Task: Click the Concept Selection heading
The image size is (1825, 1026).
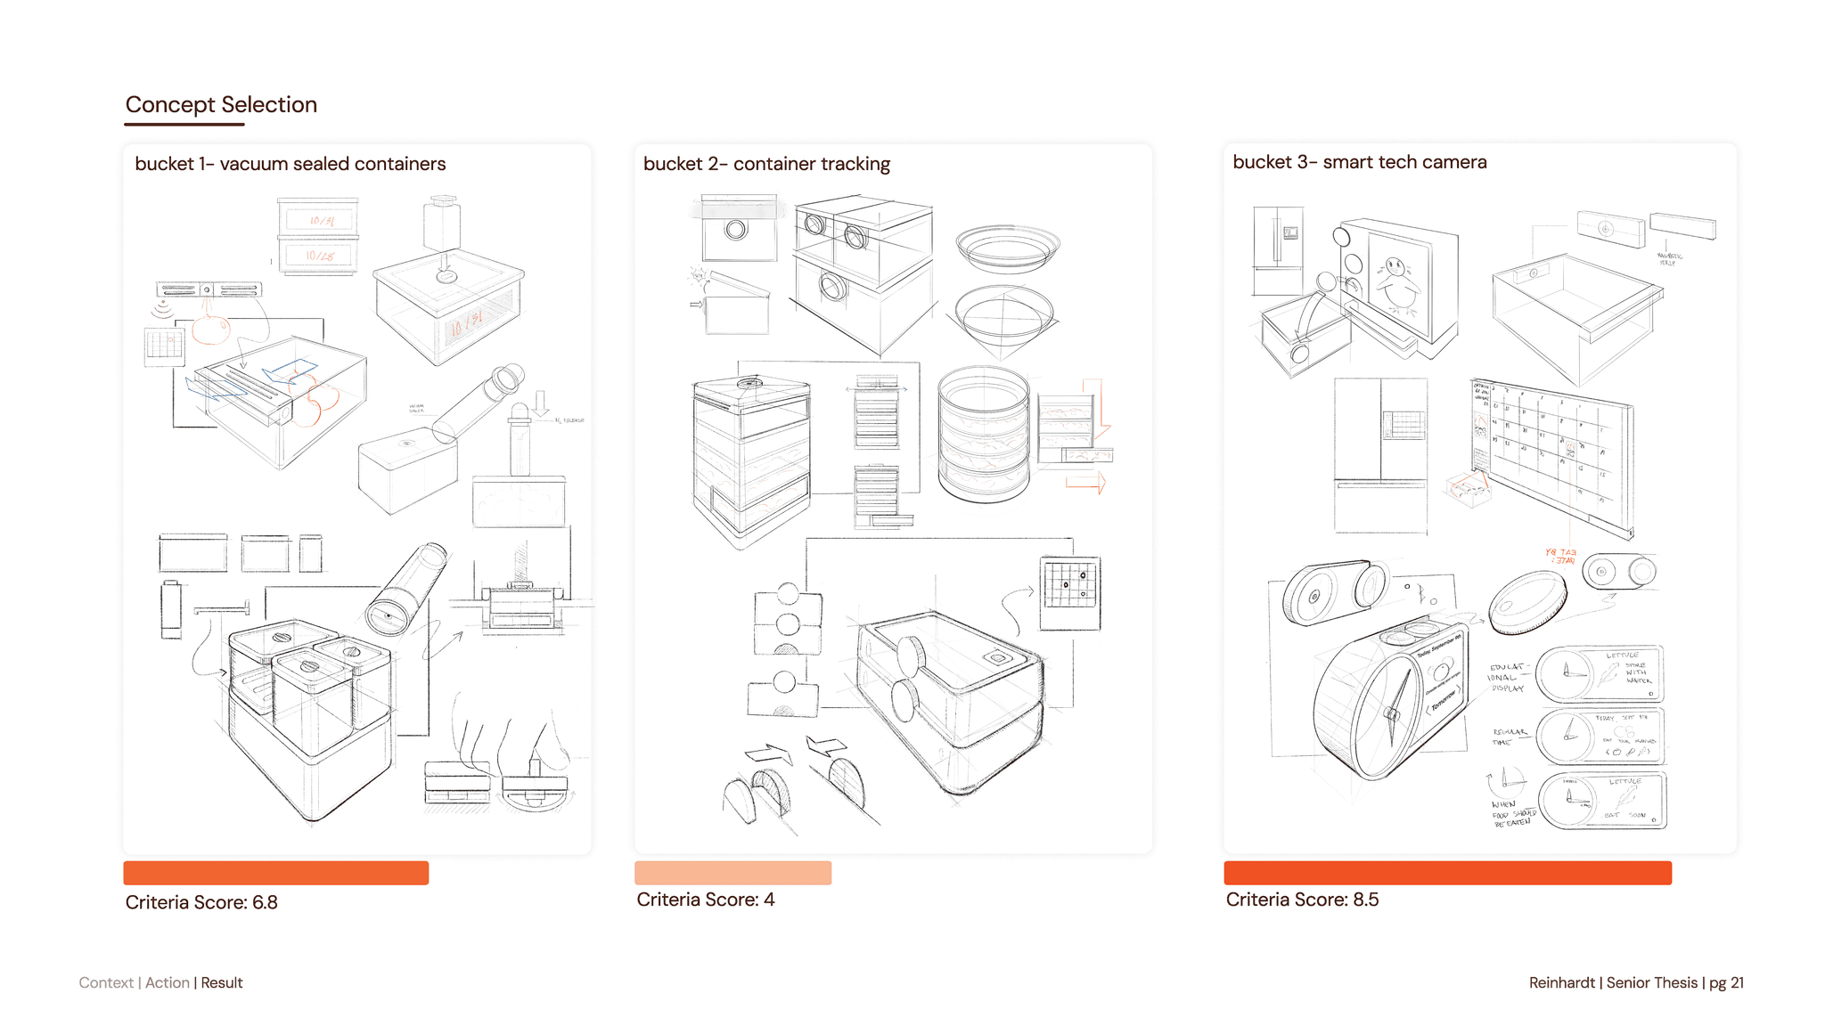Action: (221, 105)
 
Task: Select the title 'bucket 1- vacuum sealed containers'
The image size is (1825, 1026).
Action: (290, 164)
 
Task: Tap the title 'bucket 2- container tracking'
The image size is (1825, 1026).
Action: (766, 164)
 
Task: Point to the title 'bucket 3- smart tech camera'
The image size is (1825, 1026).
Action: (1359, 162)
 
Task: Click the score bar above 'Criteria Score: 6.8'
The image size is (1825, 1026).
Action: (276, 873)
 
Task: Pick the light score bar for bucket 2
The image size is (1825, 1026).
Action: (732, 873)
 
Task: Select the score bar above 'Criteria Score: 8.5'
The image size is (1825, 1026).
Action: (1447, 873)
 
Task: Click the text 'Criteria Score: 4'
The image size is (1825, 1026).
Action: (705, 900)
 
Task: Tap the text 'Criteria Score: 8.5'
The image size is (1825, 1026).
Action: (1302, 900)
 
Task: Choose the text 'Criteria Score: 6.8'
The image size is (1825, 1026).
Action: (201, 902)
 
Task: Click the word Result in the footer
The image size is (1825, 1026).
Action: (222, 982)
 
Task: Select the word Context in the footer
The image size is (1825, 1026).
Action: (106, 982)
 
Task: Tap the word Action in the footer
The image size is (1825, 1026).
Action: (168, 982)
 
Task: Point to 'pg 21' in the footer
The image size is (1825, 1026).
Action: (1726, 982)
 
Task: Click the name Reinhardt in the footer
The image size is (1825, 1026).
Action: (1562, 982)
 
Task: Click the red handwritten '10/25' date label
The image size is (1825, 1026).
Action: (321, 256)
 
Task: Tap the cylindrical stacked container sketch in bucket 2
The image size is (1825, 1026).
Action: (983, 434)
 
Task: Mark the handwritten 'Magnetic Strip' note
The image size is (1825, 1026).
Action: (1668, 259)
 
